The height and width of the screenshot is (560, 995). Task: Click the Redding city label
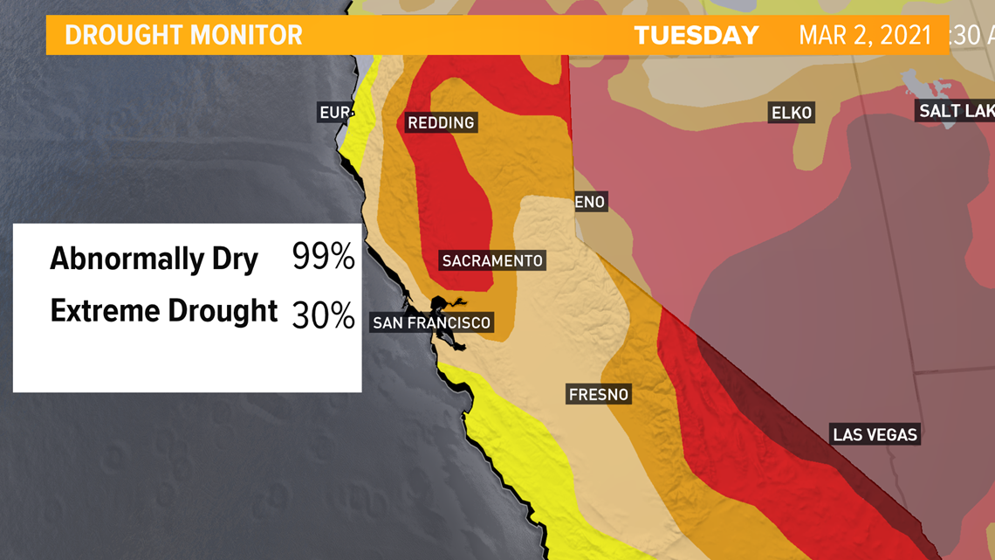[x=441, y=123]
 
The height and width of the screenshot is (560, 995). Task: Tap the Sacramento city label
[x=492, y=260]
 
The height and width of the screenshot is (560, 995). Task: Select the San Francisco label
[x=431, y=323]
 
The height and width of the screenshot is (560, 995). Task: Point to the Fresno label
[x=598, y=394]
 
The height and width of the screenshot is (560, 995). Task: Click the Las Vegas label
[x=875, y=434]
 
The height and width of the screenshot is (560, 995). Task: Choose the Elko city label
[x=791, y=113]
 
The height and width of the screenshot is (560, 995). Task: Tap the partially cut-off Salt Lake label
[x=955, y=111]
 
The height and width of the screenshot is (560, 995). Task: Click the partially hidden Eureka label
[x=334, y=113]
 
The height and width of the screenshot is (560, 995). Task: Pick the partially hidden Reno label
[x=590, y=202]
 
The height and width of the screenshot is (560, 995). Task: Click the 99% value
[x=323, y=257]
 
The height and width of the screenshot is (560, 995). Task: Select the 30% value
[x=323, y=315]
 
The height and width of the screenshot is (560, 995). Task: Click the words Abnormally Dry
[x=154, y=259]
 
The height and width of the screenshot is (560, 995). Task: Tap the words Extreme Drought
[x=163, y=311]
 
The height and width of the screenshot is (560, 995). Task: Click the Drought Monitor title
[x=183, y=36]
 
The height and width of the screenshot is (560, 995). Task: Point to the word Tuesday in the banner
[x=696, y=36]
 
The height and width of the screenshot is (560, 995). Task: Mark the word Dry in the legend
[x=234, y=259]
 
